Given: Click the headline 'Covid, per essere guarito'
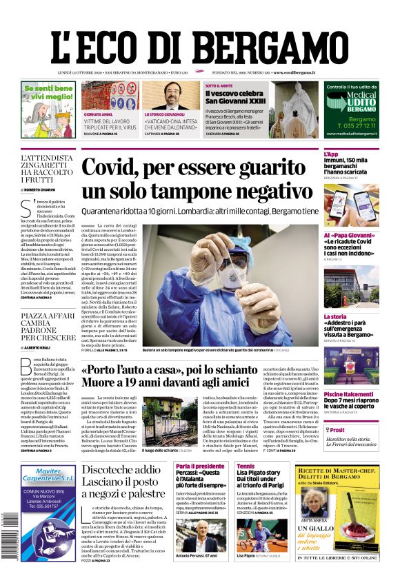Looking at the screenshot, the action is pos(197,169).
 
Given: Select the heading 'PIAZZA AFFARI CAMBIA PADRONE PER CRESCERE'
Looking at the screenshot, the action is pos(46,327).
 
